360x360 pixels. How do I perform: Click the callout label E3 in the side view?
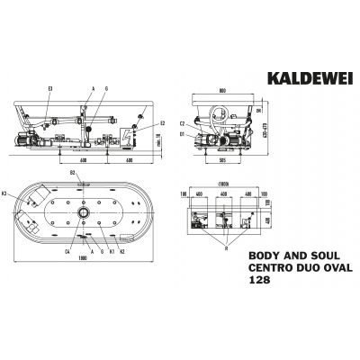pyautogui.click(x=51, y=87)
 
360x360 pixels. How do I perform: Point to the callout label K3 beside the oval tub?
pyautogui.click(x=5, y=193)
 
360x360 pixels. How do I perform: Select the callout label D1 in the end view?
pyautogui.click(x=182, y=133)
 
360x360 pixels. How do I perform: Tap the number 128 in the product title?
pyautogui.click(x=258, y=280)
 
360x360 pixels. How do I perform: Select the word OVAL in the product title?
pyautogui.click(x=326, y=267)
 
